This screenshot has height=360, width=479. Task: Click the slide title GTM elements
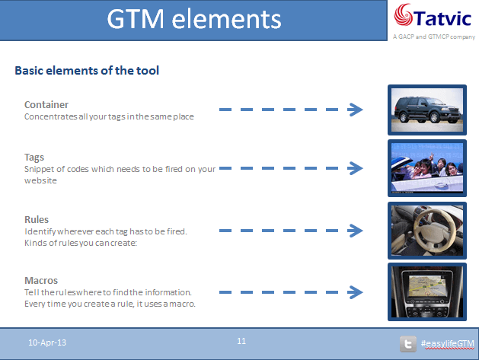[194, 19]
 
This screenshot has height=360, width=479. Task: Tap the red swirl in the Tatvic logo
[403, 14]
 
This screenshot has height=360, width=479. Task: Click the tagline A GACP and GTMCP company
[434, 37]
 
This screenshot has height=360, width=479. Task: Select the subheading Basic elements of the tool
[87, 71]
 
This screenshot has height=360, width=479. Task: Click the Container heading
[46, 105]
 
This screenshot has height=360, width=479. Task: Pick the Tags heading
[34, 158]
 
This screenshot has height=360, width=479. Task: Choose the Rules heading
[37, 219]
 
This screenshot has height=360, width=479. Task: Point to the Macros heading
[41, 280]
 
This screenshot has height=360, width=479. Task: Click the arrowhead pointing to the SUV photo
[356, 110]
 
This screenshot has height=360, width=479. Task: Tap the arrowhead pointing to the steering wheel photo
[356, 231]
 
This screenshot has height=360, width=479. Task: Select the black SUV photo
[427, 110]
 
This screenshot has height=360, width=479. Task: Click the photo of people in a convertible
[427, 168]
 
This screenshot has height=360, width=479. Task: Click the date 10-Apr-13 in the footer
[47, 342]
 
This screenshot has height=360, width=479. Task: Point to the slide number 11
[241, 341]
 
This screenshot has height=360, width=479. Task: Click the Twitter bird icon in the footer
[408, 344]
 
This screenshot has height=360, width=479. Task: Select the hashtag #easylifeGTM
[448, 343]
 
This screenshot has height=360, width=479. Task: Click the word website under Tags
[40, 180]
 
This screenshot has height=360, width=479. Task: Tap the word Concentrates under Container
[51, 116]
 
